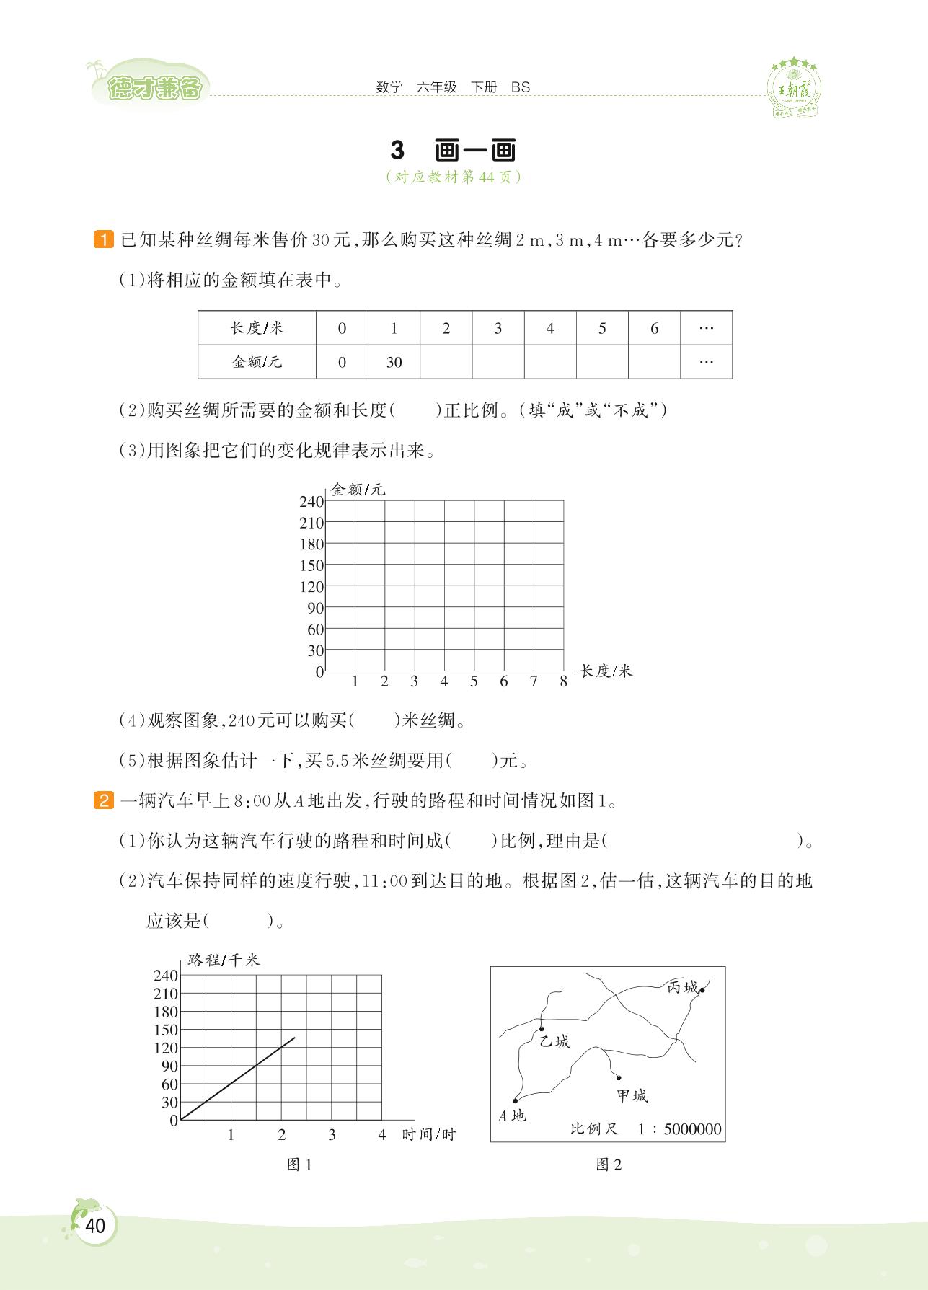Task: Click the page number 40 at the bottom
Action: (95, 1226)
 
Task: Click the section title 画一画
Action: (476, 151)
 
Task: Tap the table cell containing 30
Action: (394, 362)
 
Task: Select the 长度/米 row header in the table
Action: (257, 328)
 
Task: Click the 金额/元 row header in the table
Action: (257, 362)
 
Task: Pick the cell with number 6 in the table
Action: (654, 328)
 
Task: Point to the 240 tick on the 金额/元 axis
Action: (311, 502)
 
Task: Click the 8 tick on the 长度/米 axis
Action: (563, 681)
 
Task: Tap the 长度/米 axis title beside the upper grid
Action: (606, 671)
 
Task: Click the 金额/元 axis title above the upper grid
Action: (358, 490)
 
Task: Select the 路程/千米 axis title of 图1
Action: (223, 960)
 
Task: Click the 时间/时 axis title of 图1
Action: (429, 1134)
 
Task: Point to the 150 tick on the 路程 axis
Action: (166, 1030)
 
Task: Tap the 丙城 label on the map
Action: (682, 987)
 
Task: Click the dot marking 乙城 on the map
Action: (542, 1028)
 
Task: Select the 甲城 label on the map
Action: (632, 1096)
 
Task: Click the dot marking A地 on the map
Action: (515, 1100)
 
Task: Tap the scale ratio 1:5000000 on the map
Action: (679, 1129)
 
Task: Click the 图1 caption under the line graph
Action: (299, 1164)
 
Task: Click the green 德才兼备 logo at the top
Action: (154, 89)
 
